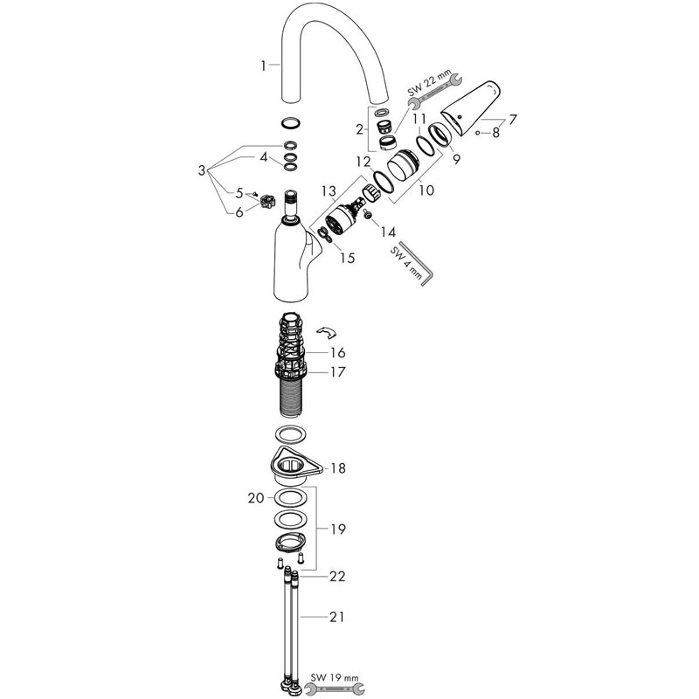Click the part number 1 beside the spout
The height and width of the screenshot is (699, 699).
(x=263, y=66)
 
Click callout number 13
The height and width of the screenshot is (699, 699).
(x=329, y=191)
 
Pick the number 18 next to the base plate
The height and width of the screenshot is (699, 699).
(x=338, y=468)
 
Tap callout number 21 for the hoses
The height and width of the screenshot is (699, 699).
(x=337, y=617)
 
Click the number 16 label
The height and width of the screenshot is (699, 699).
(x=338, y=353)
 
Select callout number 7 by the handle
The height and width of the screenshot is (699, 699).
(x=513, y=120)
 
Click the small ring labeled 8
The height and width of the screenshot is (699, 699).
(x=477, y=133)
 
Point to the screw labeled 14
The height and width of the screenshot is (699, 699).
(x=369, y=214)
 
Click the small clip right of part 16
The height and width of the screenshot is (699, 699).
(x=326, y=332)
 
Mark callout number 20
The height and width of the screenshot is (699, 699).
(x=256, y=498)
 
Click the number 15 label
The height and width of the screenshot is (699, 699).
(x=347, y=258)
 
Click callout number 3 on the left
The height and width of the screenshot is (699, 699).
(x=202, y=170)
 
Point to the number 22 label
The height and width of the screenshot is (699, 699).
(x=337, y=577)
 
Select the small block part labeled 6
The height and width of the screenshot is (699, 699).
(x=267, y=203)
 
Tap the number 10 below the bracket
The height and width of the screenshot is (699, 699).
(x=426, y=190)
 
